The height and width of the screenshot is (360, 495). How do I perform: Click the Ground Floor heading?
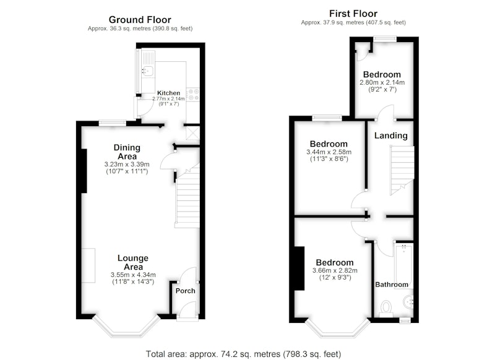(140, 20)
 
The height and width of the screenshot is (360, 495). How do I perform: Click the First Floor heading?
(353, 14)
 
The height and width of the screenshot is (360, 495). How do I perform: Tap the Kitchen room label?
(168, 93)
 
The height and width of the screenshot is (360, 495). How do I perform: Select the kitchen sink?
(148, 71)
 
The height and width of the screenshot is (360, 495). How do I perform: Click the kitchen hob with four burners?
(193, 95)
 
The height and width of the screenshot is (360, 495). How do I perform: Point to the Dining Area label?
(127, 152)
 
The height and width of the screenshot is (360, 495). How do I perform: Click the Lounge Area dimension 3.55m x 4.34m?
(133, 275)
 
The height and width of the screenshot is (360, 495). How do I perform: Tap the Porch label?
(185, 291)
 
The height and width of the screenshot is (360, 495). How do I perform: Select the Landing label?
(391, 135)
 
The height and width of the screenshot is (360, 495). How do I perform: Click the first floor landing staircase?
(402, 170)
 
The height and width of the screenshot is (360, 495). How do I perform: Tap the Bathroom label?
(392, 285)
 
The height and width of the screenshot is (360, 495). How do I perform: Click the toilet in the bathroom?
(386, 309)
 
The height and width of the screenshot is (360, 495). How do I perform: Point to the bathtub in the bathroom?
(404, 264)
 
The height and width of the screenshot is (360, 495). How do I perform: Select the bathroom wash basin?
(408, 302)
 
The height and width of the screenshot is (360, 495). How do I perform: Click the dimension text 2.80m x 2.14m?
(382, 83)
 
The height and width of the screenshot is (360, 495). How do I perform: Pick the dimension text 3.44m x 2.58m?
(329, 152)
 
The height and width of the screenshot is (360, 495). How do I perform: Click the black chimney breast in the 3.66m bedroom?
(299, 268)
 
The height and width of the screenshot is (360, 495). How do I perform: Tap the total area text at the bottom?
(243, 354)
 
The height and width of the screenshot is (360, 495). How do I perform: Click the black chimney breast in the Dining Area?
(84, 171)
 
